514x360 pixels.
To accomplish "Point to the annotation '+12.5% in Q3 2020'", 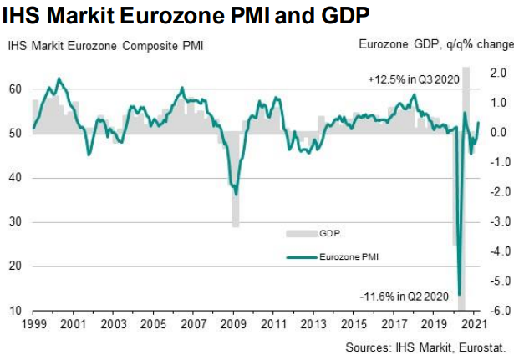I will coord(412,79).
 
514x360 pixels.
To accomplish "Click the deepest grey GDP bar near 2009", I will coord(236,224).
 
